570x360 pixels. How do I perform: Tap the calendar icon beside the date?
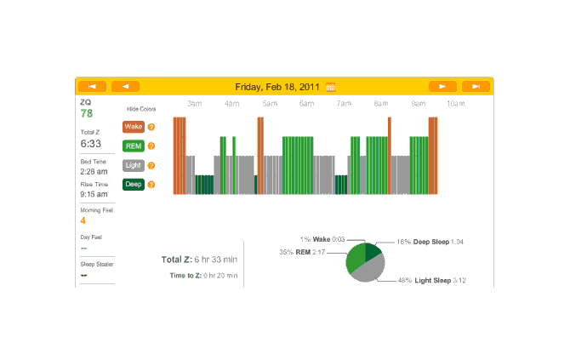(331, 87)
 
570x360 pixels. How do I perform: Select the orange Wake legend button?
(133, 127)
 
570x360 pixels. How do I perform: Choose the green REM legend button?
(133, 146)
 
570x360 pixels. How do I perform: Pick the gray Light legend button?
(133, 165)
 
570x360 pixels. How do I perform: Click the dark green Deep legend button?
(133, 184)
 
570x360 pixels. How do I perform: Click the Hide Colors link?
(141, 109)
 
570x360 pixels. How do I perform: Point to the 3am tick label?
(194, 104)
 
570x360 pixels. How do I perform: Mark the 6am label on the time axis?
(306, 104)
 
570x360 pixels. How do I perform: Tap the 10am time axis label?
(456, 104)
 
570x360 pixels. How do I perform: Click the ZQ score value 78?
(87, 113)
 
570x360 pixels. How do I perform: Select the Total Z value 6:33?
(91, 144)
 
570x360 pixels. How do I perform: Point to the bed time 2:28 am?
(94, 171)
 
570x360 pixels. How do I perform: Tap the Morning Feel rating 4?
(83, 220)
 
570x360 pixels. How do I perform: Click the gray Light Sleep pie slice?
(371, 271)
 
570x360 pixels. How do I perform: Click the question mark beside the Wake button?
(151, 128)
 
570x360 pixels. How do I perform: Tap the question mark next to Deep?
(151, 185)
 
